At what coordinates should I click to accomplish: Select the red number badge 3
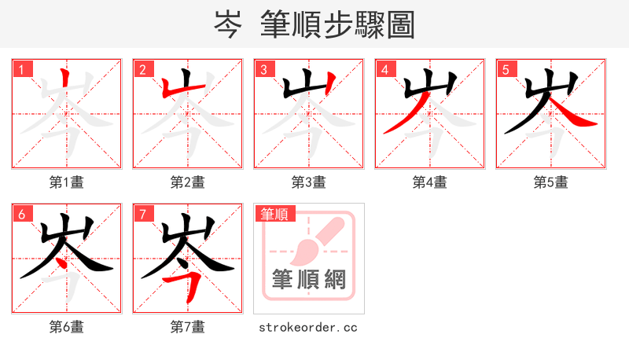click(264, 70)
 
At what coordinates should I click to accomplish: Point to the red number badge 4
click(385, 70)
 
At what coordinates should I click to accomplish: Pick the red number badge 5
click(506, 70)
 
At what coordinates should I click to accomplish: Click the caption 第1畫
click(67, 182)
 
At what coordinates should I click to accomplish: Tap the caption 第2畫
click(188, 182)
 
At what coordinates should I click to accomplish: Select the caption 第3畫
click(309, 182)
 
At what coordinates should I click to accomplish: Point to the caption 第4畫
click(430, 182)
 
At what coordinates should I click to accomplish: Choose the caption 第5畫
click(551, 182)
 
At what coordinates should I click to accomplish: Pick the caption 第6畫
click(67, 327)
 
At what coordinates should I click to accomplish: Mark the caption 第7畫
click(188, 327)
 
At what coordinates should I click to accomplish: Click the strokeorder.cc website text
click(308, 327)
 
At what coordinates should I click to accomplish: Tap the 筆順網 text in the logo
click(309, 279)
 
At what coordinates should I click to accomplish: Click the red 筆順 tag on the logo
click(274, 214)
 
